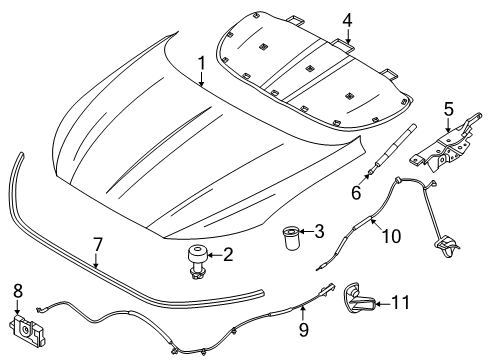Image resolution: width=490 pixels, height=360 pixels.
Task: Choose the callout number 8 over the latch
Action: click(17, 291)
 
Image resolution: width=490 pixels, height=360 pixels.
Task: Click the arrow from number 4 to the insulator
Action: click(346, 36)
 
